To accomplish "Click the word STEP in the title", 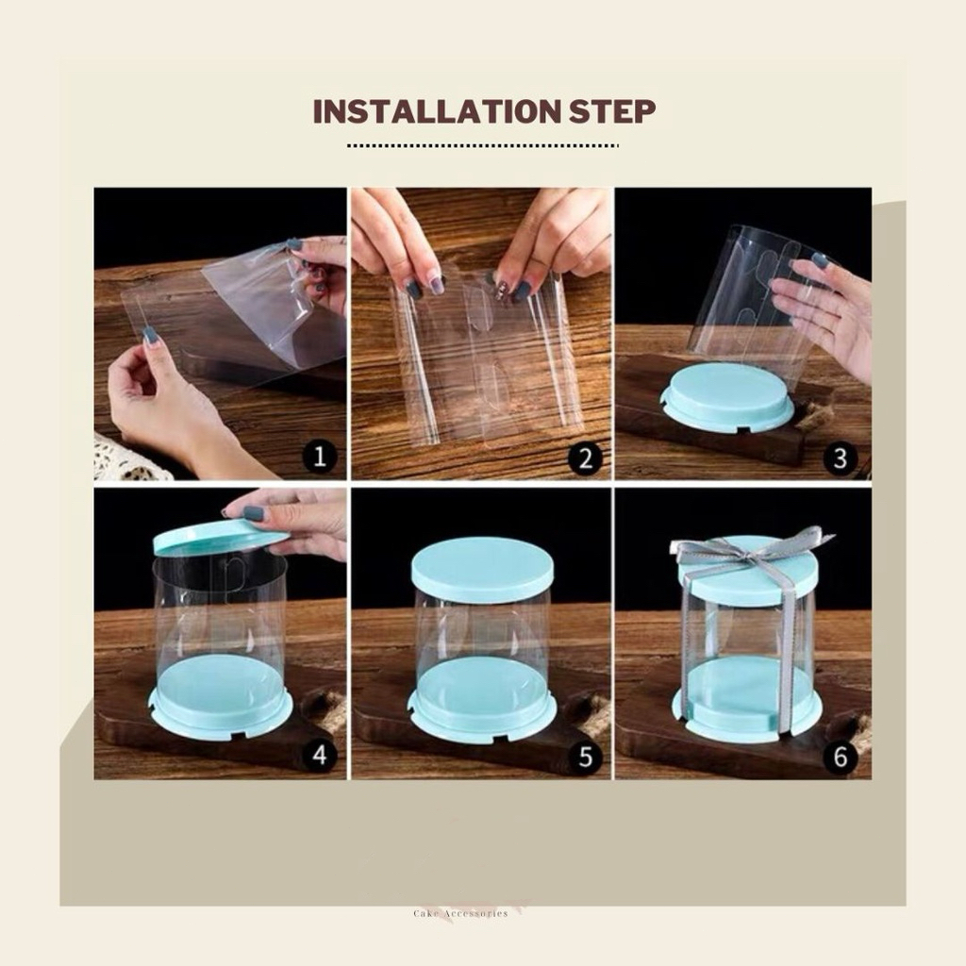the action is (x=611, y=111).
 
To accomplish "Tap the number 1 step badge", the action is (x=319, y=457).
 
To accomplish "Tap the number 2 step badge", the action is (x=585, y=458).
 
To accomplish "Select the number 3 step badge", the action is (x=840, y=458).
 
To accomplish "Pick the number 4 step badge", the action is (x=319, y=754).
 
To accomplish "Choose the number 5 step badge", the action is (x=585, y=756).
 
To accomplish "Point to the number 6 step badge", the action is (x=841, y=756).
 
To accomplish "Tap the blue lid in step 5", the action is (x=482, y=570).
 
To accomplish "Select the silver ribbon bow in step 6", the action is (x=753, y=550).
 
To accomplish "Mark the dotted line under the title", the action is (x=482, y=146).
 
